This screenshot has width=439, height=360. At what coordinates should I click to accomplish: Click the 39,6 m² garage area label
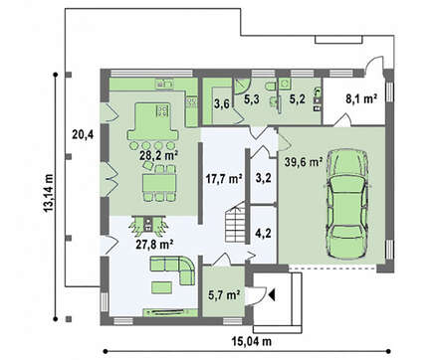click(x=304, y=162)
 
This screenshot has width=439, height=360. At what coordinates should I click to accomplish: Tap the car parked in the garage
click(x=347, y=204)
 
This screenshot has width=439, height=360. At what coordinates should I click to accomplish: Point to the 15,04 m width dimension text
click(x=251, y=341)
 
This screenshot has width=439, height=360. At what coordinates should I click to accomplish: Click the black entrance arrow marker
click(x=273, y=294)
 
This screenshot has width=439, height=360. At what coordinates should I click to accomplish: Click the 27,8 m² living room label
click(x=154, y=245)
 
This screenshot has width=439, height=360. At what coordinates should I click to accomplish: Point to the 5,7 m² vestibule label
click(x=224, y=294)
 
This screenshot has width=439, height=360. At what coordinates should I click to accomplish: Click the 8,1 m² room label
click(x=361, y=98)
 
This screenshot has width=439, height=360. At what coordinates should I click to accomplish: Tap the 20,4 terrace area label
click(x=83, y=134)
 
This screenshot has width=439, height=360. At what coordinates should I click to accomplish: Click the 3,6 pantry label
click(x=221, y=104)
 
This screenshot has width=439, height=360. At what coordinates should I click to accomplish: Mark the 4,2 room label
click(x=264, y=233)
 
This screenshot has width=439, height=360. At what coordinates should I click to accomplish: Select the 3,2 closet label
click(x=264, y=178)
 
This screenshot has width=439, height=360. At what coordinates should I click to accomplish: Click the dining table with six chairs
click(x=159, y=183)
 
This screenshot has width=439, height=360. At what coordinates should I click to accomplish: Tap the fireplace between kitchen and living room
click(x=148, y=225)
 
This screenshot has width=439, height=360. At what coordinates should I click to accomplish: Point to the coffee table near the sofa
click(x=162, y=287)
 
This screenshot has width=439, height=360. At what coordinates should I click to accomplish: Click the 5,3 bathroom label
click(x=252, y=98)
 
